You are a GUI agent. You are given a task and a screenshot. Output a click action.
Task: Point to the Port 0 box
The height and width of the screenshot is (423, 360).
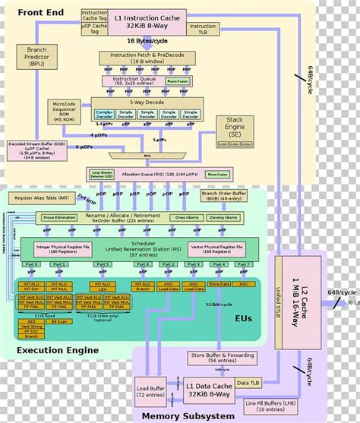pyautogui.click(x=30, y=264)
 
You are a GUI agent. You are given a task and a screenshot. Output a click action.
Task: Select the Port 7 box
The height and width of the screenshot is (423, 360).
pyautogui.click(x=242, y=264)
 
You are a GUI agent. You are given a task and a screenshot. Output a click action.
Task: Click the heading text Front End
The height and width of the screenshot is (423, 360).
pyautogui.click(x=41, y=13)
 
